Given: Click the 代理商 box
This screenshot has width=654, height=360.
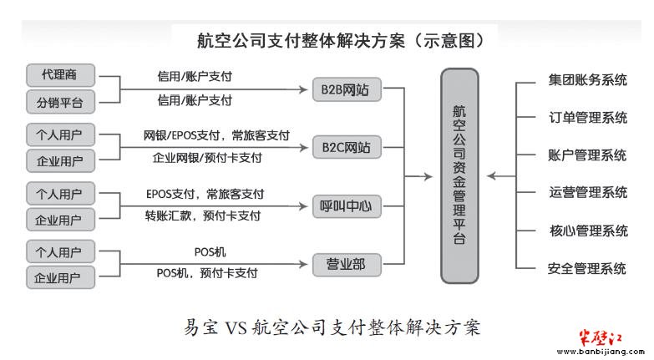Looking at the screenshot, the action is pyautogui.click(x=60, y=75).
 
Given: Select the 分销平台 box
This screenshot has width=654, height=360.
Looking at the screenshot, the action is pyautogui.click(x=60, y=102).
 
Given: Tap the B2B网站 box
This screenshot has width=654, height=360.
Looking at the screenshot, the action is pyautogui.click(x=347, y=89).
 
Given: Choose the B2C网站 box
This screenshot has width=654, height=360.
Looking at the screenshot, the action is pyautogui.click(x=347, y=147).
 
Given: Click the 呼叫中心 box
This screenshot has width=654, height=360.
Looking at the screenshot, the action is pyautogui.click(x=347, y=206).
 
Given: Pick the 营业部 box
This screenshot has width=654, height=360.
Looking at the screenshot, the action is pyautogui.click(x=347, y=265).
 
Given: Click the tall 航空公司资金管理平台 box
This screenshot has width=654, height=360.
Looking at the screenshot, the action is pyautogui.click(x=459, y=175).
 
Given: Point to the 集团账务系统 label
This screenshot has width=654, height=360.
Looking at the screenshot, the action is pyautogui.click(x=588, y=79).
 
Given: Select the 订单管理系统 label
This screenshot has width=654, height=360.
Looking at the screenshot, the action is pyautogui.click(x=588, y=117).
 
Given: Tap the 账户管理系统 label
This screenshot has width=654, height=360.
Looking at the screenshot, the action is pyautogui.click(x=587, y=155).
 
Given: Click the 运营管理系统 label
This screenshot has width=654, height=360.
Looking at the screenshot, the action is pyautogui.click(x=588, y=192).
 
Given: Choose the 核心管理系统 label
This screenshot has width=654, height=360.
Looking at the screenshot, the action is pyautogui.click(x=589, y=231).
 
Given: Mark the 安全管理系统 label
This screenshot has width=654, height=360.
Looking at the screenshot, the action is pyautogui.click(x=587, y=268).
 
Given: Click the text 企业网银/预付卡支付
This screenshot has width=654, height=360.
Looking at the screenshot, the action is pyautogui.click(x=207, y=158).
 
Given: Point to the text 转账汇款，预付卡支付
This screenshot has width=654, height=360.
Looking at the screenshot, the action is pyautogui.click(x=203, y=215).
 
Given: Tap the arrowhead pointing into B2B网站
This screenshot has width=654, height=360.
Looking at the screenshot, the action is pyautogui.click(x=304, y=89).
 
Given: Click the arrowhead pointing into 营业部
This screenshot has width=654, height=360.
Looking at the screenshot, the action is pyautogui.click(x=304, y=264).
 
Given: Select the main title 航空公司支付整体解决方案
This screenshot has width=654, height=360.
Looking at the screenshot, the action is pyautogui.click(x=302, y=41).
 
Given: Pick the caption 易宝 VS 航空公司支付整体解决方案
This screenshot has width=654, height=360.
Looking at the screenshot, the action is pyautogui.click(x=332, y=327).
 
